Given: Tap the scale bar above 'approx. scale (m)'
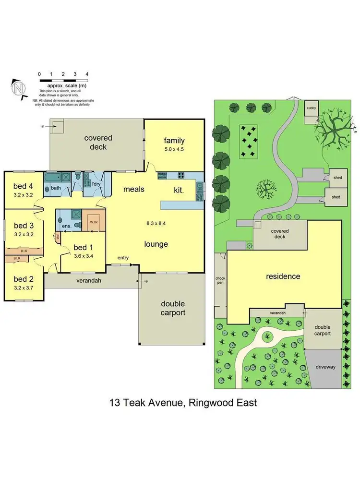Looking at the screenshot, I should point(63,79).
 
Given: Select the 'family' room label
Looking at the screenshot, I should point(174,141).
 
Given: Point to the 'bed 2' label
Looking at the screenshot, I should point(23,279).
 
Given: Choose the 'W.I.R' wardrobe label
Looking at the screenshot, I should point(93,222).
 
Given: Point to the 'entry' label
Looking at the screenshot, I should point(123,258).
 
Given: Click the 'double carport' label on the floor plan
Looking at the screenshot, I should point(173,308).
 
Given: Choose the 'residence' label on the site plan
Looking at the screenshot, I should point(283,276).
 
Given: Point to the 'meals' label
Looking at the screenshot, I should point(134,189).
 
